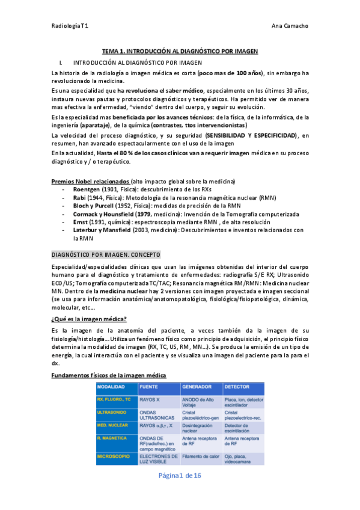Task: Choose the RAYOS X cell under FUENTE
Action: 150,398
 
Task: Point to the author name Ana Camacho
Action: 290,26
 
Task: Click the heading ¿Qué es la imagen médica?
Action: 89,318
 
